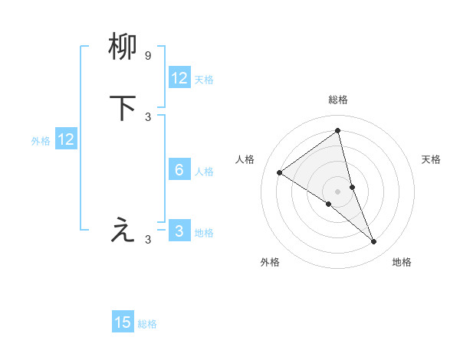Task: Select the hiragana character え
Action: [x=123, y=229]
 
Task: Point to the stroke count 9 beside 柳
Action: [x=148, y=56]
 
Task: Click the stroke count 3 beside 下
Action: [x=148, y=116]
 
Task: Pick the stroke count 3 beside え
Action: [x=148, y=240]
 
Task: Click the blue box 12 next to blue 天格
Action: [x=179, y=78]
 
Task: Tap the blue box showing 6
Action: [x=179, y=170]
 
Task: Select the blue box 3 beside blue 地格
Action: [x=179, y=231]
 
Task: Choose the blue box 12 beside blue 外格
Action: [x=66, y=139]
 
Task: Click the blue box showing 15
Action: [x=123, y=322]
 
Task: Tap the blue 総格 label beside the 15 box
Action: [x=147, y=324]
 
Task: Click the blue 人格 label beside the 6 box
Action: [x=205, y=172]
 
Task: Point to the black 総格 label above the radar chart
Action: [x=338, y=100]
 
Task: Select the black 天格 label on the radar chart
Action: [x=432, y=159]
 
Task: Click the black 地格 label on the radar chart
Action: [x=402, y=262]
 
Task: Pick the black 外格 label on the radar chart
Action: [x=270, y=262]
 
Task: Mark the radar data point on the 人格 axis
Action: [x=279, y=172]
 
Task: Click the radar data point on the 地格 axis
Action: [x=374, y=242]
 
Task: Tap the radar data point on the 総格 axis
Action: [x=338, y=130]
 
